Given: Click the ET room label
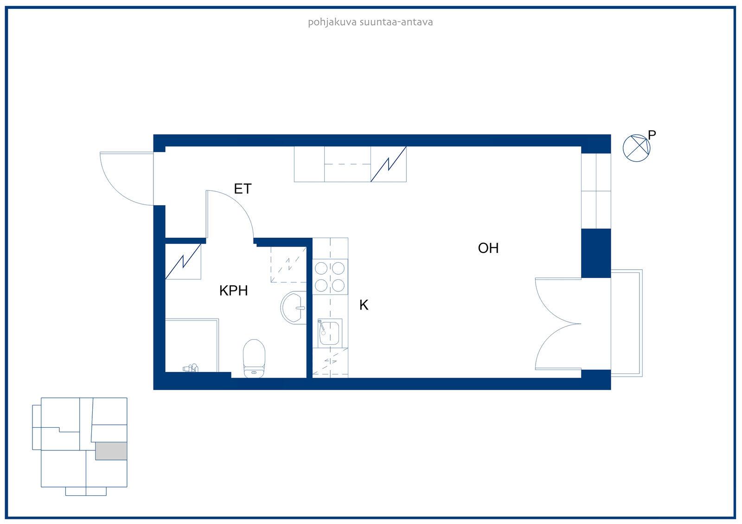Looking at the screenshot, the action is (x=243, y=189).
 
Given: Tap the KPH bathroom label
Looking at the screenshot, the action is (x=234, y=290).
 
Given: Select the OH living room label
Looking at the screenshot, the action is (x=488, y=248).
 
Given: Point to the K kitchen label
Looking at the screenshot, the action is (x=364, y=305).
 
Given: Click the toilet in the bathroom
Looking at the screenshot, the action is (x=254, y=358).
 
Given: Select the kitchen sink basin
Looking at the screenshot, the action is (x=329, y=333).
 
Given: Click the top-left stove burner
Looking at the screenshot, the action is (x=321, y=268).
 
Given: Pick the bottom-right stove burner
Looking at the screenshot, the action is (x=338, y=285).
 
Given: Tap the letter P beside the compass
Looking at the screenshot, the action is (x=652, y=135).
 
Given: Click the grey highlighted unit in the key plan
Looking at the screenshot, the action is (x=111, y=450).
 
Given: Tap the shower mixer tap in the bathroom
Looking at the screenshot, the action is (x=191, y=368).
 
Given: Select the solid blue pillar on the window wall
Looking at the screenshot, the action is (x=596, y=253).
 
